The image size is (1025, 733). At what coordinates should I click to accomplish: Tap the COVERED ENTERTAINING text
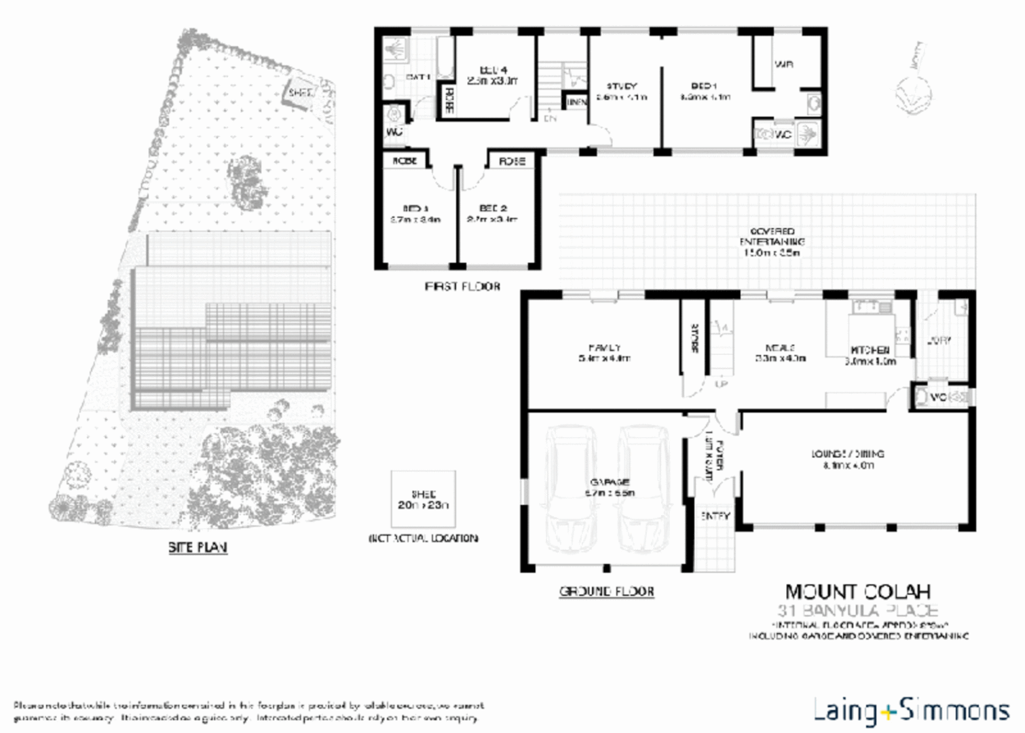pyautogui.click(x=772, y=242)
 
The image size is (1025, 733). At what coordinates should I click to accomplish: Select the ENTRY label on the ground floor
pyautogui.click(x=715, y=516)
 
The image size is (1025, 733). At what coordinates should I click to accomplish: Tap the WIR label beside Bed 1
pyautogui.click(x=783, y=64)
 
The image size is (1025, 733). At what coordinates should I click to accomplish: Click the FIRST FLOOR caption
pyautogui.click(x=462, y=286)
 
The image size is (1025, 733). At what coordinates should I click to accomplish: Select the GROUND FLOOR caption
pyautogui.click(x=606, y=591)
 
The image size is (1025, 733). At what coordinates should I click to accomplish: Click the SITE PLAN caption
pyautogui.click(x=198, y=547)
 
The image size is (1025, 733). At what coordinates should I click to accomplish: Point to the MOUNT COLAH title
pyautogui.click(x=857, y=592)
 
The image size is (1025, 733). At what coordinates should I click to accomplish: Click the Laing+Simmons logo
pyautogui.click(x=911, y=711)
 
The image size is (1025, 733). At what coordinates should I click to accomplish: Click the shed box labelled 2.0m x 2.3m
pyautogui.click(x=423, y=500)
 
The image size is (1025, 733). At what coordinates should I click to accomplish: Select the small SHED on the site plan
pyautogui.click(x=299, y=94)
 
